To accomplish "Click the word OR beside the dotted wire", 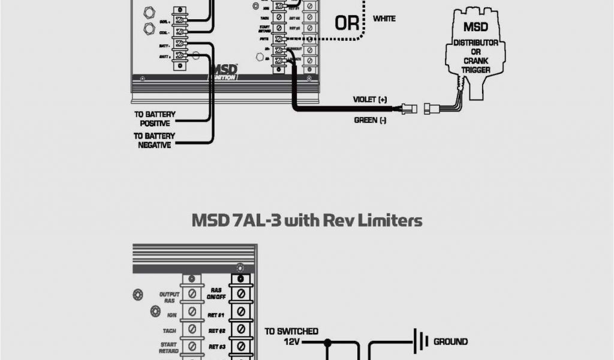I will (346, 23).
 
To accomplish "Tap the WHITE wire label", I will (384, 19).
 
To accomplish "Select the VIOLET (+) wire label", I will (370, 99).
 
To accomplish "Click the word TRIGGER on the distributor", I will (475, 70).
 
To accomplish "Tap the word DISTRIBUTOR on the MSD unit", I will (475, 43).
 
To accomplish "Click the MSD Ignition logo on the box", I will (223, 72).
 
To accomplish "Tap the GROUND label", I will (450, 342).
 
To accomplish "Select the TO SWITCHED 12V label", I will (291, 336).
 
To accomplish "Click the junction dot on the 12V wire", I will (328, 343).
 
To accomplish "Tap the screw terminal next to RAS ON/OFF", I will (240, 294).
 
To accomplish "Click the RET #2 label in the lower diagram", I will (216, 329).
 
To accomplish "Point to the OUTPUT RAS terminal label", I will (170, 297).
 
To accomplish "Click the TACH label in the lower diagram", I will (168, 329).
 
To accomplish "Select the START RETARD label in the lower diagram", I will (168, 349).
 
